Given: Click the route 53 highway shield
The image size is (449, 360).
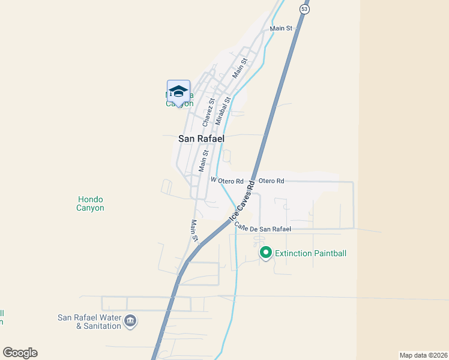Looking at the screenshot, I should click(305, 9).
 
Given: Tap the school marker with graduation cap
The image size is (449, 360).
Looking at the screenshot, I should click(178, 92).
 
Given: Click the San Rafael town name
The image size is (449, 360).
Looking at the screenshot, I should click(201, 138).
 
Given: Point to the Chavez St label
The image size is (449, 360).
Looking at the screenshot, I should click(208, 112).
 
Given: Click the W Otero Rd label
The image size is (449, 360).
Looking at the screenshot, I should click(227, 181).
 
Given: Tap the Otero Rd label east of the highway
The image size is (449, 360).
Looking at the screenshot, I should click(271, 181).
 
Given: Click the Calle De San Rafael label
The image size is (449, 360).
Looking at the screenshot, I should click(262, 227).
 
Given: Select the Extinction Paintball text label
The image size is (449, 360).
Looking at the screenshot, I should click(310, 253).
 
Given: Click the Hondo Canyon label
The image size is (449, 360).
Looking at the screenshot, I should click(91, 203).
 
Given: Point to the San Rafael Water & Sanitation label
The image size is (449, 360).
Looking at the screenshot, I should click(89, 322).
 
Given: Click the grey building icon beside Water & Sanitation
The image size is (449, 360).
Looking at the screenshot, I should click(130, 322).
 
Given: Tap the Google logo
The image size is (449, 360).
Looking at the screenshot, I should click(20, 353).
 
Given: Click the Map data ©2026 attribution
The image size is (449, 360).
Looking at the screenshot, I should click(423, 355).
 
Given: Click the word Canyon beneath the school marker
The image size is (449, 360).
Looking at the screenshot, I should click(179, 103).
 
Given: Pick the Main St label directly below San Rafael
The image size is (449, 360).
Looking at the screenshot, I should click(205, 160).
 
